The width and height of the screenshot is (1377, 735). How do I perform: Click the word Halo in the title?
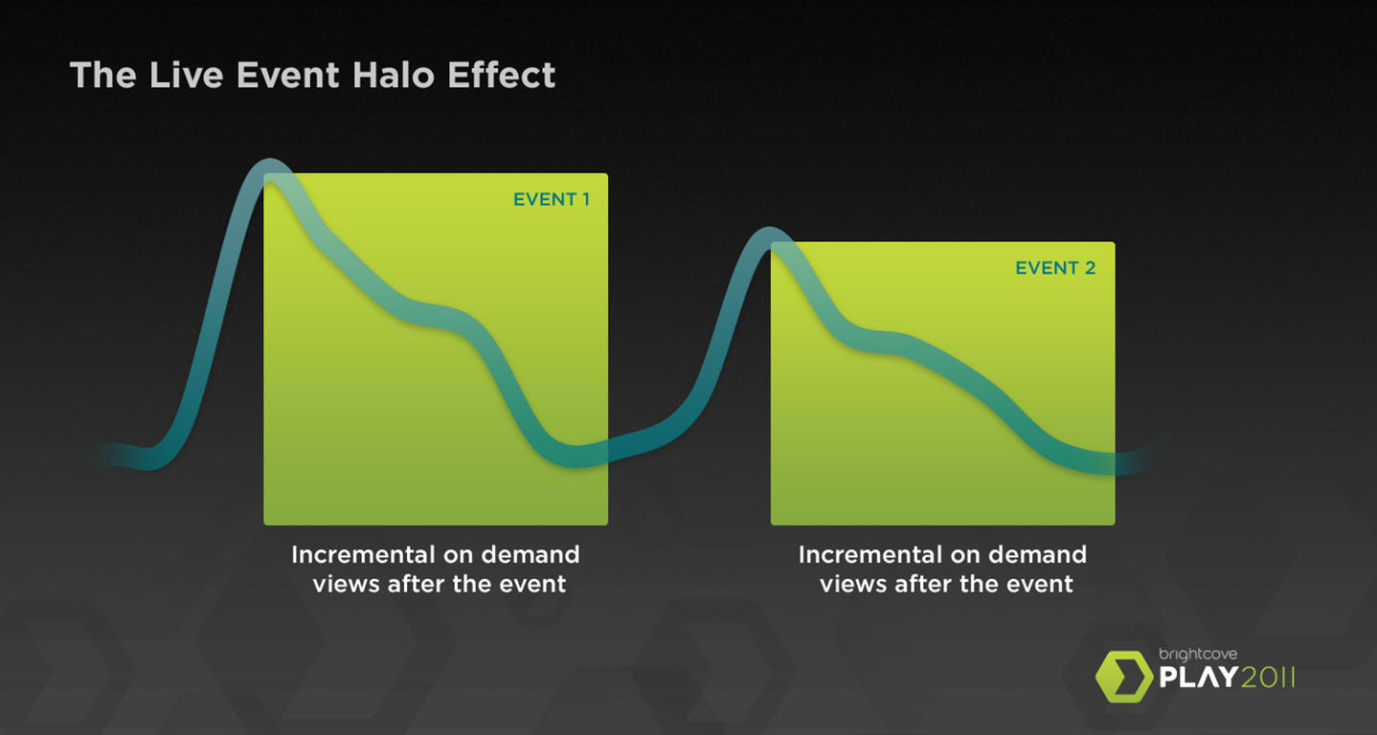point(394,75)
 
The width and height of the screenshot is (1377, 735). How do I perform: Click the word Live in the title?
point(187,75)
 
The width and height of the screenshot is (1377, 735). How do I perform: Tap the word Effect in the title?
point(502,75)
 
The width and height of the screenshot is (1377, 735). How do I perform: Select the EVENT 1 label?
point(552,199)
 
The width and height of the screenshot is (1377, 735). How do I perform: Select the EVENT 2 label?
point(1055,268)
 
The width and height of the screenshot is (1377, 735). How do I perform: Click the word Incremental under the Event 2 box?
point(870,554)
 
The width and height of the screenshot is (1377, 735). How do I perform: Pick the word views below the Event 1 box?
point(346,584)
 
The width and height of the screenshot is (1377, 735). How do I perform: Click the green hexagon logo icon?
point(1124,676)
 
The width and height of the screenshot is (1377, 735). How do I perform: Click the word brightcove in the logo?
point(1198,655)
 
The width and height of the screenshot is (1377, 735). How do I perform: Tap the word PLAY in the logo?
point(1198,678)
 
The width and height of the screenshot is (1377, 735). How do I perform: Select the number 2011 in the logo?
point(1268,678)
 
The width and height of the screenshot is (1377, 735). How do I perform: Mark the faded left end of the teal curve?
point(99,456)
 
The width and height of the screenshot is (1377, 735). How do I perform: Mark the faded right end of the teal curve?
point(1148,456)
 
